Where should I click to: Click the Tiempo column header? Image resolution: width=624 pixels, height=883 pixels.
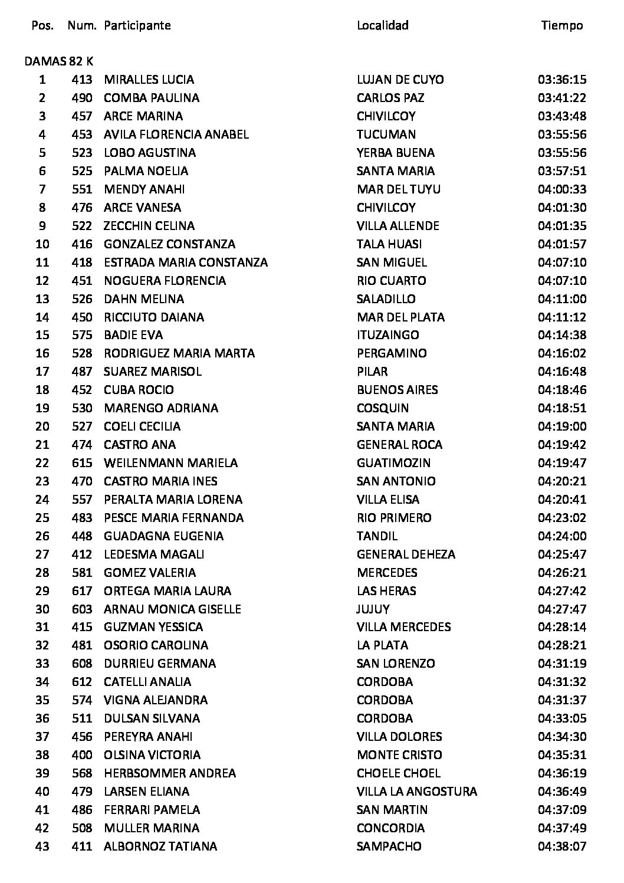click(561, 25)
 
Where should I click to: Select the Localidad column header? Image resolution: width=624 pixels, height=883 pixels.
click(382, 25)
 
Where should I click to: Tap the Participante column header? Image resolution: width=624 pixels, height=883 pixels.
click(137, 25)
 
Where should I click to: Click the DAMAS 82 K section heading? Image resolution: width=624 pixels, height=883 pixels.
click(59, 61)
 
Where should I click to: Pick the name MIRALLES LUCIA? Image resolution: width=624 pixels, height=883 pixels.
click(149, 80)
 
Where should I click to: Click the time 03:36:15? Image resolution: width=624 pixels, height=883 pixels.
click(561, 80)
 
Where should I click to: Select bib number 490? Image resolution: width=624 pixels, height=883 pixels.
click(82, 98)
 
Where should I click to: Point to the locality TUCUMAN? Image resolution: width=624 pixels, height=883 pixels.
click(386, 134)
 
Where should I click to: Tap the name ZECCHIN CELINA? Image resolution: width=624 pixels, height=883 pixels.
click(149, 226)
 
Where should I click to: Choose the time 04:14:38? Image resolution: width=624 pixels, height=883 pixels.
click(561, 335)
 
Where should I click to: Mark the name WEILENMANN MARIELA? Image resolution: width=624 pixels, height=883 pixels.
click(170, 463)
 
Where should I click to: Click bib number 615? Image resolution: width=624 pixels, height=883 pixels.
click(82, 463)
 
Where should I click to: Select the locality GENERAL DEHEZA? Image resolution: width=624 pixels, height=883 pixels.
click(406, 554)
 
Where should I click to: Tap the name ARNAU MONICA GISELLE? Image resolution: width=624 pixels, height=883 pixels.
click(172, 609)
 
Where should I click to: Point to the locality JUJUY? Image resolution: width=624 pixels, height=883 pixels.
click(373, 609)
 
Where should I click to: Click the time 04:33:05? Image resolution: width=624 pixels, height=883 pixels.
click(561, 718)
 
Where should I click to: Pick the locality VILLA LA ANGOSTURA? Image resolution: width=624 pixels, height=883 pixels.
click(417, 792)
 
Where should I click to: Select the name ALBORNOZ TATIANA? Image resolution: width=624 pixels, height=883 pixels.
click(160, 846)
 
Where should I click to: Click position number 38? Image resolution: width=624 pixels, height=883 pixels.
click(42, 755)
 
